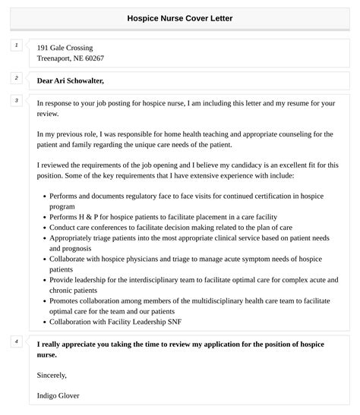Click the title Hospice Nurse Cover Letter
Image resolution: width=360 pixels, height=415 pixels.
point(180,18)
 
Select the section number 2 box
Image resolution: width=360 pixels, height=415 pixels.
point(15,78)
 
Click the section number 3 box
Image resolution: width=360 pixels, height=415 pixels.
point(15,100)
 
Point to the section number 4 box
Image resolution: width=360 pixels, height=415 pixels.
point(15,342)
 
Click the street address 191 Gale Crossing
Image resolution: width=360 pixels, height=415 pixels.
point(65,48)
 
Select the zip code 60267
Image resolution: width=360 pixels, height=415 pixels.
point(93,58)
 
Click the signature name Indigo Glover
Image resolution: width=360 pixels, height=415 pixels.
point(58,395)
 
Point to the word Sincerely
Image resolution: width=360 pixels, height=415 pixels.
point(52,375)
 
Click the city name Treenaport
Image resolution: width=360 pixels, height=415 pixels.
point(55,58)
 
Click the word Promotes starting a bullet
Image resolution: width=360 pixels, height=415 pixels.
point(65,300)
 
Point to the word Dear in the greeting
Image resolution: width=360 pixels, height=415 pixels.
point(45,80)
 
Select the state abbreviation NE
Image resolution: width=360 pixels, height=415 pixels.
point(78,58)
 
